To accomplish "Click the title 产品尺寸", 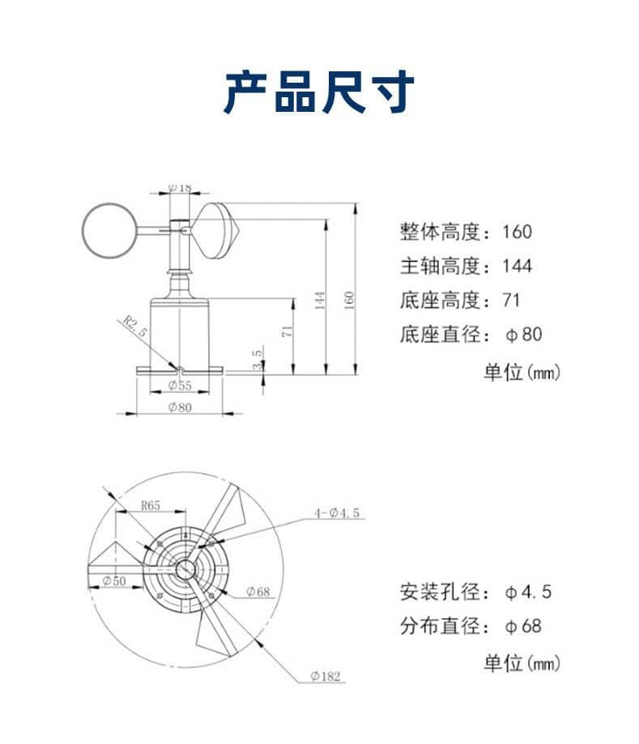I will click(319, 92).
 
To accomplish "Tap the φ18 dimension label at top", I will click(180, 187).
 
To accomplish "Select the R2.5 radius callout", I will click(136, 328).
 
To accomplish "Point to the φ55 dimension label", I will click(180, 386).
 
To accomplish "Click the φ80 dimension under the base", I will click(180, 407).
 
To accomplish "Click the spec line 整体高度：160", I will click(466, 232).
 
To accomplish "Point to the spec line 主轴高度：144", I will click(466, 266).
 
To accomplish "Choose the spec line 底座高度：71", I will click(459, 300).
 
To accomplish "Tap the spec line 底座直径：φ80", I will click(471, 334).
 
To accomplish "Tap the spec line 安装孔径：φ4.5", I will click(475, 592).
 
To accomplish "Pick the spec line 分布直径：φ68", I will click(471, 626).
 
